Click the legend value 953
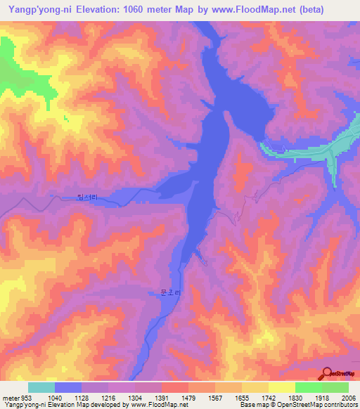[22, 398]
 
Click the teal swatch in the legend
[41, 387]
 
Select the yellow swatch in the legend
[281, 387]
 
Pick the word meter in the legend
[8, 398]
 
